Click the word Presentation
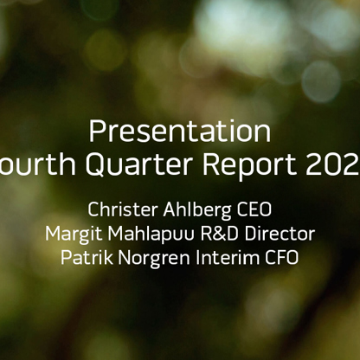tap(179, 132)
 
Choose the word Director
tap(283, 234)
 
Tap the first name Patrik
tap(86, 258)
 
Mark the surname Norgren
tap(157, 259)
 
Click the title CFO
tap(282, 258)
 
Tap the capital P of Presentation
tap(96, 132)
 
